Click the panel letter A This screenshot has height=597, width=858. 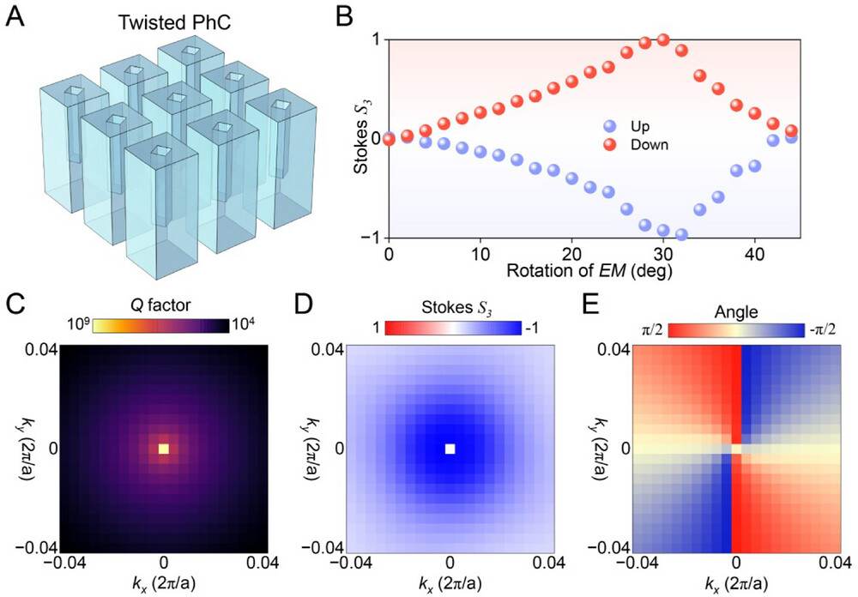[x=15, y=16]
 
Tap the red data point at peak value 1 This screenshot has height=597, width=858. [x=662, y=39]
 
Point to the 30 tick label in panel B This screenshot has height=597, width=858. [x=662, y=256]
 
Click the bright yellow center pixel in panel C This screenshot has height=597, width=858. [x=164, y=449]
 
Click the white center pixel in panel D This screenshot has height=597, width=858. [x=450, y=449]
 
